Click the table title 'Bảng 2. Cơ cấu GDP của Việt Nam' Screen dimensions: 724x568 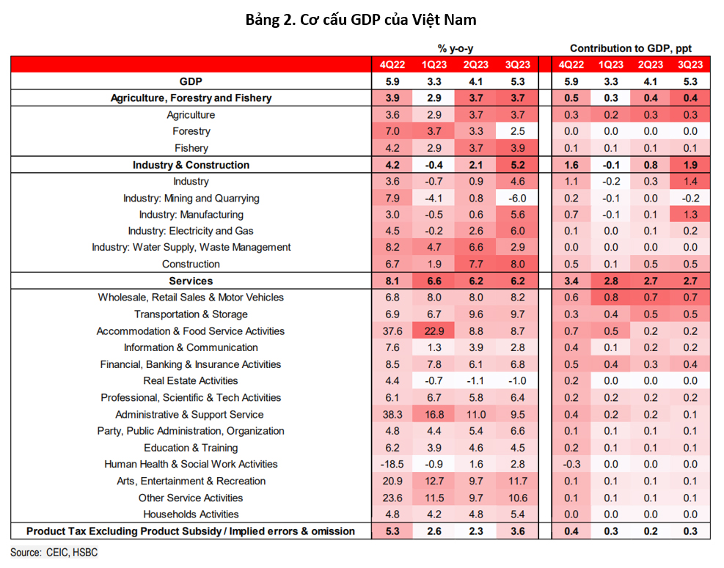[x=361, y=20]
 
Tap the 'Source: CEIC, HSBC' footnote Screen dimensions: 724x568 [x=54, y=553]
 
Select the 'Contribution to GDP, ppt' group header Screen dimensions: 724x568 [x=631, y=48]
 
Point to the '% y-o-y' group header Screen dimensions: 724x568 [x=456, y=48]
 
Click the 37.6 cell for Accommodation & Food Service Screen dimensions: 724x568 [x=392, y=331]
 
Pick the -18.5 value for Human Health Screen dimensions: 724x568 [x=392, y=464]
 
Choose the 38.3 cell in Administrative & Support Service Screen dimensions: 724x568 [x=392, y=414]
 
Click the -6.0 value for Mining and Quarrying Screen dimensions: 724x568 [x=518, y=199]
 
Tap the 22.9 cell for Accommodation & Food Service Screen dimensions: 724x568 [x=434, y=331]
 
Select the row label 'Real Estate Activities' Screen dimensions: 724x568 [x=191, y=380]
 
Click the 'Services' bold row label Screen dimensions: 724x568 [x=191, y=281]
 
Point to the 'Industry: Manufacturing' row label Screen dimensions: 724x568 [x=191, y=215]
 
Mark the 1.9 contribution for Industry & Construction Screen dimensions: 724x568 [x=690, y=165]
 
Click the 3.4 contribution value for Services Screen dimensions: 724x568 [x=571, y=281]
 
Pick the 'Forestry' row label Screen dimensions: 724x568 [x=191, y=131]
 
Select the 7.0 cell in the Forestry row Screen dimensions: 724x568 [x=392, y=131]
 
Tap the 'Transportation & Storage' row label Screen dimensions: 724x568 [x=191, y=314]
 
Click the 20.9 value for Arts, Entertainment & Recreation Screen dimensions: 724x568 [x=392, y=481]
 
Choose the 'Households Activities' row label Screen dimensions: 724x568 [x=191, y=514]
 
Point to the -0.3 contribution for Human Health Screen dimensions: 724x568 [x=571, y=464]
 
